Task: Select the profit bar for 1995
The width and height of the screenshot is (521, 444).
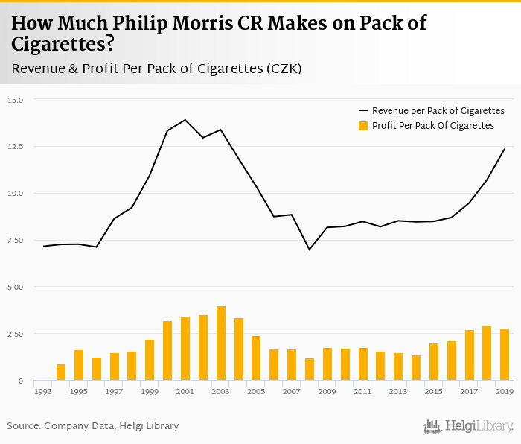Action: point(79,365)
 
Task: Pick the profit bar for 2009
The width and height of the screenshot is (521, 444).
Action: point(327,364)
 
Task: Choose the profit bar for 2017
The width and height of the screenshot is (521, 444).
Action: point(469,355)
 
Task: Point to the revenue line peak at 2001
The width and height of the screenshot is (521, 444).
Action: point(185,120)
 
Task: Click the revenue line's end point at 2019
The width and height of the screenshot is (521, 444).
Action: point(505,149)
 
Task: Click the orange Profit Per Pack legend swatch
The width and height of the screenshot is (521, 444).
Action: point(364,126)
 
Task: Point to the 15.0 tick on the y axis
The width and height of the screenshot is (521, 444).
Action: point(16,100)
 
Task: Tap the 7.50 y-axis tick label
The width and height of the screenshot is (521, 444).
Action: point(16,240)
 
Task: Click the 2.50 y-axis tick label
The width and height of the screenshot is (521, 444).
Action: point(16,334)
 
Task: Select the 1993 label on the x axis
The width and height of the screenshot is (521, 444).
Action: point(42,390)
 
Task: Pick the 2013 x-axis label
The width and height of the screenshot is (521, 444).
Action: point(398,390)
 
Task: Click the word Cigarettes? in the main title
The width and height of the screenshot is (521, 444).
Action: point(63,44)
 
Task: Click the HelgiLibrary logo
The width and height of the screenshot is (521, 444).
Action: point(469,427)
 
